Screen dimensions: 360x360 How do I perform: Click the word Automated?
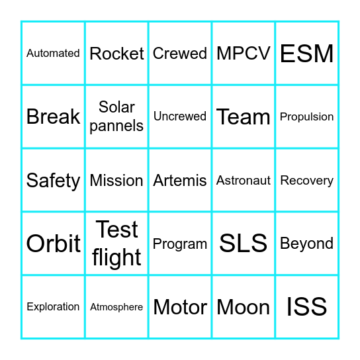click(x=53, y=54)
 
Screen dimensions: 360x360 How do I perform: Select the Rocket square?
click(x=116, y=54)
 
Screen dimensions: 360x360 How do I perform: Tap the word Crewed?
click(x=180, y=54)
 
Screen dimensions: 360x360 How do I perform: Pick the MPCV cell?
click(x=244, y=54)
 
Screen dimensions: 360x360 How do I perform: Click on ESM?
click(x=307, y=54)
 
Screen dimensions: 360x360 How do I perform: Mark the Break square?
click(x=53, y=117)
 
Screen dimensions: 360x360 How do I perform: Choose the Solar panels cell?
click(x=116, y=116)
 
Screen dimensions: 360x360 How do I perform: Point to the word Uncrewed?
click(x=180, y=116)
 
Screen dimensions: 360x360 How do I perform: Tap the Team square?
click(x=244, y=117)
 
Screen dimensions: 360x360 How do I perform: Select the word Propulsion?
click(x=307, y=117)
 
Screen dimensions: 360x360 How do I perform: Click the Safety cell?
click(x=53, y=181)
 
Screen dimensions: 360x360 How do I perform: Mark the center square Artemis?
click(x=180, y=181)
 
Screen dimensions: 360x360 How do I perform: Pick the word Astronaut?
click(x=244, y=181)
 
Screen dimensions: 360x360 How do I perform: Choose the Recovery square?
click(x=307, y=181)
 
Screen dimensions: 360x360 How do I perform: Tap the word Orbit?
click(x=53, y=244)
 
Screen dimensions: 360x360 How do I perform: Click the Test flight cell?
click(x=116, y=244)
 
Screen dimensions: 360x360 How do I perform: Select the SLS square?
click(x=244, y=244)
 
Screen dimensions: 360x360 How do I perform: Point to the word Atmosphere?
click(x=116, y=307)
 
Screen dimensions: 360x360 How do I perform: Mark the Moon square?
click(x=244, y=308)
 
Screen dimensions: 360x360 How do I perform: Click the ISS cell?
click(x=307, y=307)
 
